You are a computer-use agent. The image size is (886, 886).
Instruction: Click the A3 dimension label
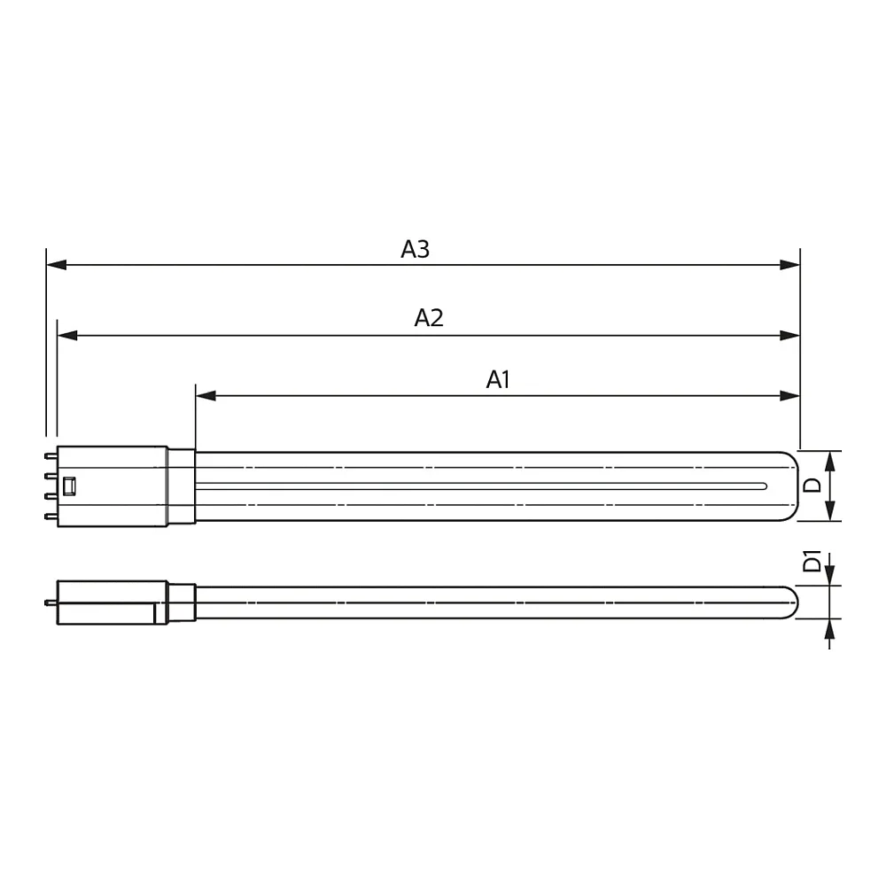(416, 249)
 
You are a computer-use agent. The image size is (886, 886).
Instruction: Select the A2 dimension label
(429, 318)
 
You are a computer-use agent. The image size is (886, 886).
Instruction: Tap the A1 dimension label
(498, 380)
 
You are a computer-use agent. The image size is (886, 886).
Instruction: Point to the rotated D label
(812, 485)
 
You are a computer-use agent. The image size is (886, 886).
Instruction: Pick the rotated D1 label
(812, 561)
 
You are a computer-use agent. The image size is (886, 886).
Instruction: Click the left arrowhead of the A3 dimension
(57, 264)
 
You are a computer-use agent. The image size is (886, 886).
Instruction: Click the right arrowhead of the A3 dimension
(790, 264)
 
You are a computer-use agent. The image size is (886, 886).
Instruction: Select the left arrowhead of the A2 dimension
(67, 336)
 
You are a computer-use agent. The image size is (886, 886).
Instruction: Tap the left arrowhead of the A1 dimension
(206, 395)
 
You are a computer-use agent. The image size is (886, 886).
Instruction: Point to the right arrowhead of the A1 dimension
(790, 395)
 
